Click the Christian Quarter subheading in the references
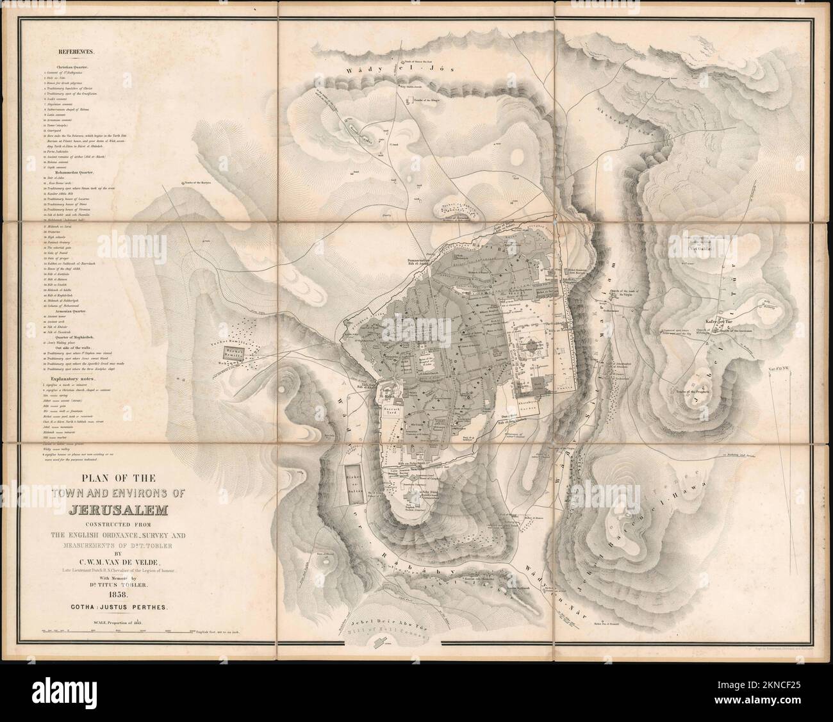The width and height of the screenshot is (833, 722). pyautogui.click(x=76, y=67)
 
